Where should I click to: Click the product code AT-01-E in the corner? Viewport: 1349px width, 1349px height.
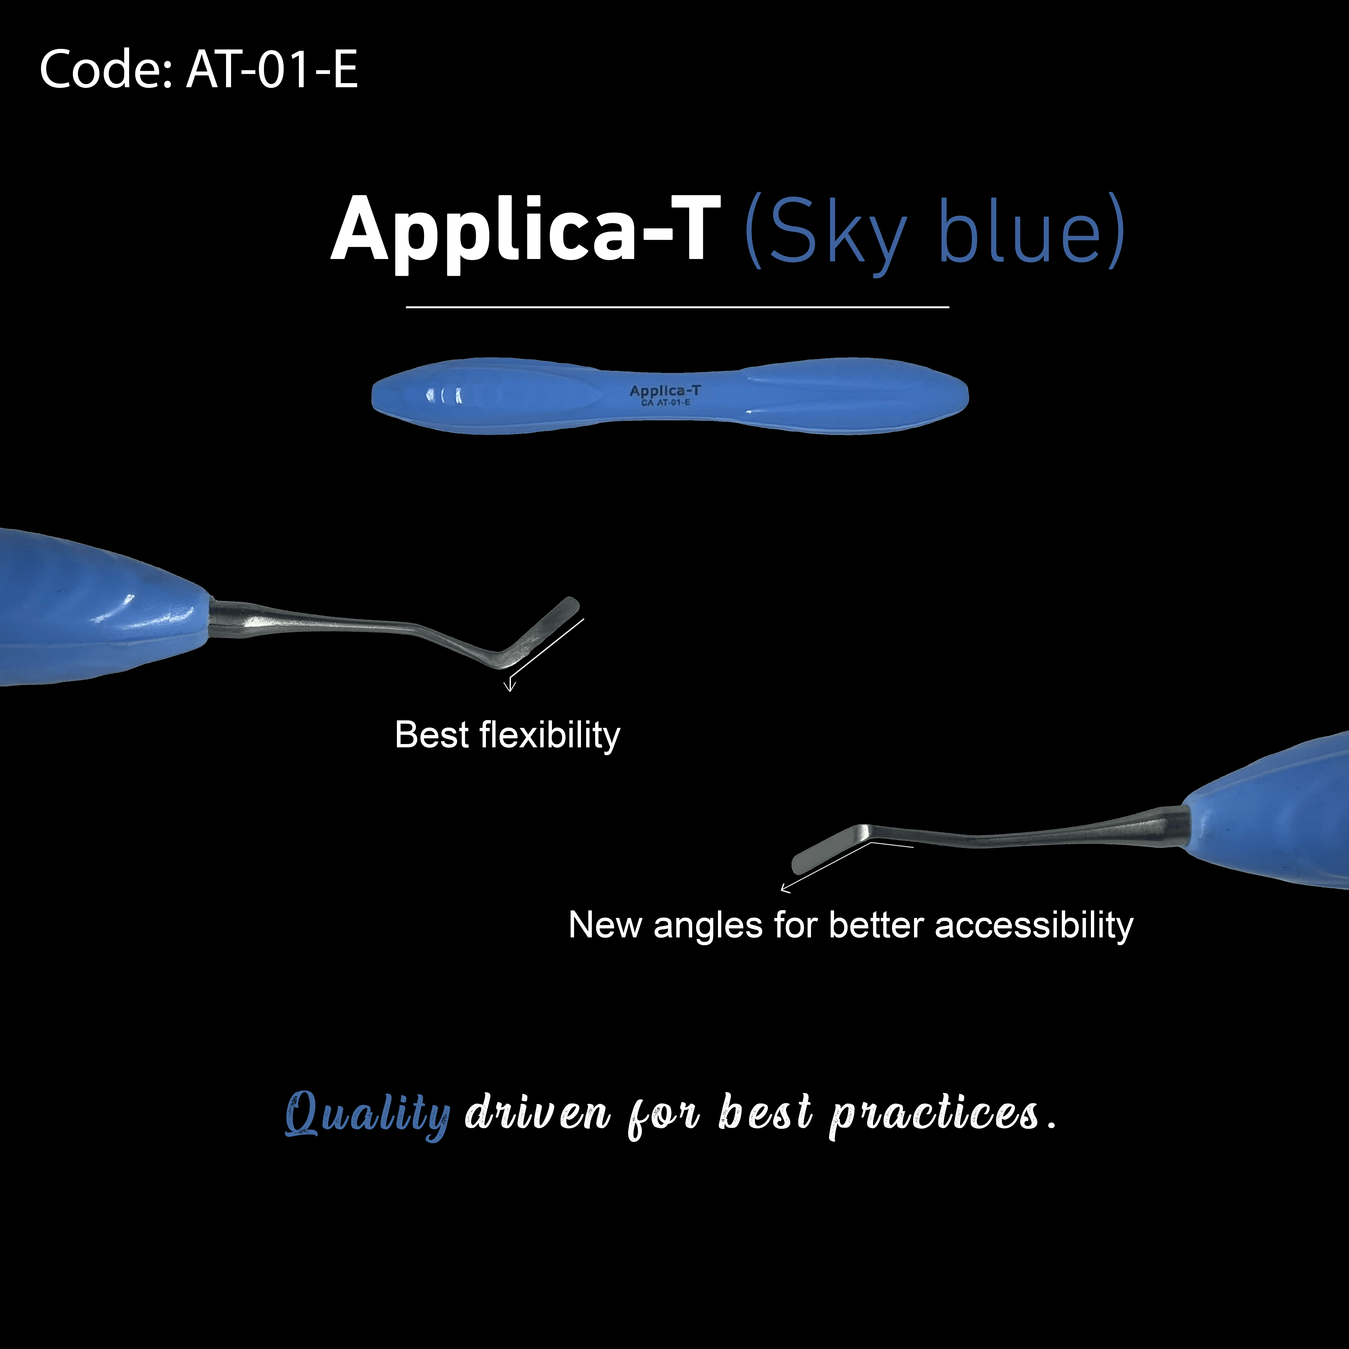coord(272,70)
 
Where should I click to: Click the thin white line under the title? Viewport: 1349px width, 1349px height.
coord(677,307)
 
